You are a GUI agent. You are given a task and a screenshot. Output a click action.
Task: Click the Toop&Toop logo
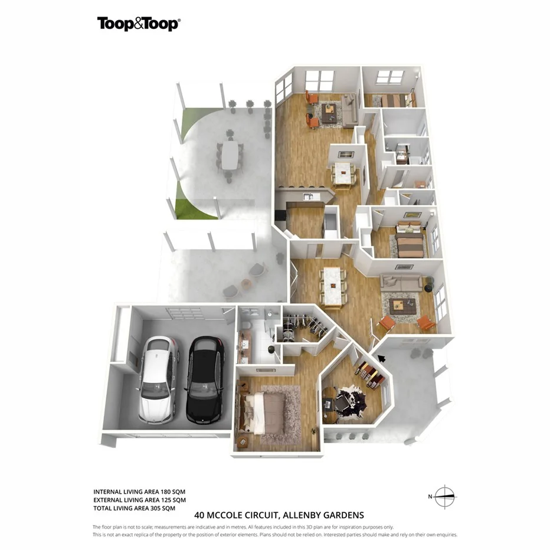point(139,24)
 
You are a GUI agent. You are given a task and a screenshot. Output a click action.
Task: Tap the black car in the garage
point(205,378)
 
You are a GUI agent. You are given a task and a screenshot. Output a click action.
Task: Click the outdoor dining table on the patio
point(230,155)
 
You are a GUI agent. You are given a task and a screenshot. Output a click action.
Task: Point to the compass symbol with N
point(444,497)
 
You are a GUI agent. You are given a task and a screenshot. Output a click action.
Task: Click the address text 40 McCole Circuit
point(279,515)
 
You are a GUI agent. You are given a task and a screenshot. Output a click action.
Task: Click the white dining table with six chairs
point(333,286)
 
